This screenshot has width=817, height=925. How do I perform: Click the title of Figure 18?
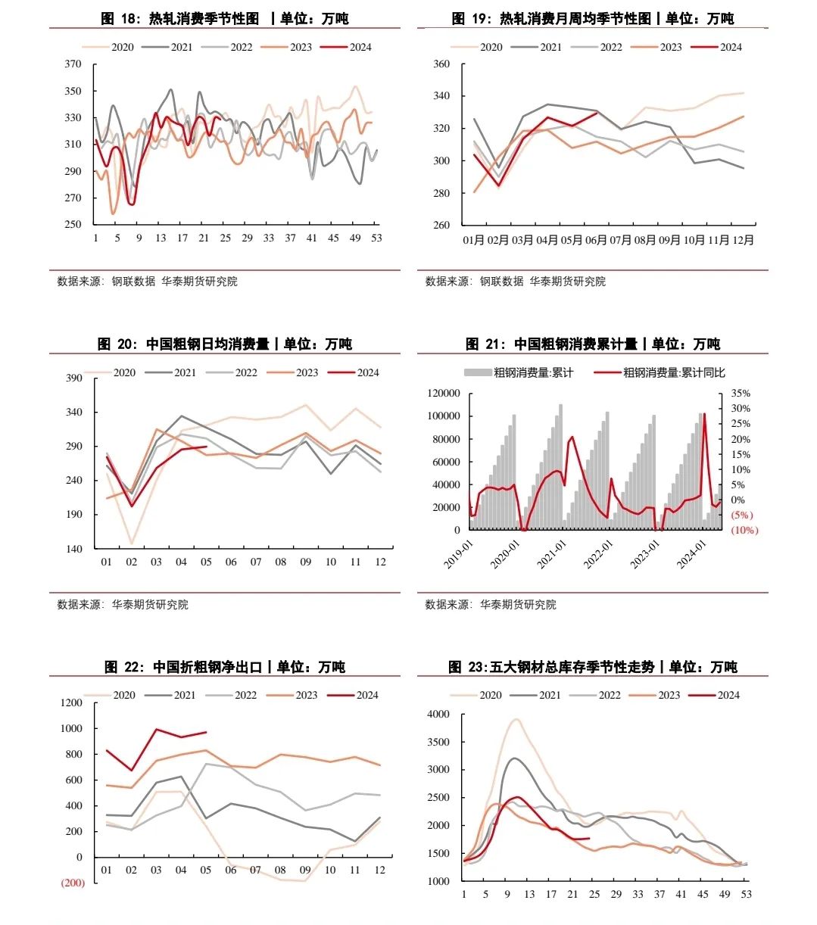(225, 18)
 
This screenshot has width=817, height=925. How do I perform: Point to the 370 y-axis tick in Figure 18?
(73, 64)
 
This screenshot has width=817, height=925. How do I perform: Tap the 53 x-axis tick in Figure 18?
(376, 238)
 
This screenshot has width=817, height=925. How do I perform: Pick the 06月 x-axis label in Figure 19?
(596, 240)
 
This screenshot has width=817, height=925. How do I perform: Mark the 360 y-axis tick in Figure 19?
(441, 64)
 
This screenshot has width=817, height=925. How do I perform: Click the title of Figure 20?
(225, 344)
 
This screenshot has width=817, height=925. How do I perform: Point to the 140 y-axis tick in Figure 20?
(73, 549)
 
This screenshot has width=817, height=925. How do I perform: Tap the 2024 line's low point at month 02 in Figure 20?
(132, 506)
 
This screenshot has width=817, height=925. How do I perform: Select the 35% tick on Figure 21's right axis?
(741, 393)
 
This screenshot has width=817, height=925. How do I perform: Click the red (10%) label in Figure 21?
(744, 530)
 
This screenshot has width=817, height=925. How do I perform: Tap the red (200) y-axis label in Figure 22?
(73, 883)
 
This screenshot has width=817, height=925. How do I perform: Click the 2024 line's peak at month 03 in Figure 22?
(157, 729)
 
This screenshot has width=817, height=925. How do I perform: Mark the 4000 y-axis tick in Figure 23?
(438, 714)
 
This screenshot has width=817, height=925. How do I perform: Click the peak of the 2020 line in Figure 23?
(517, 719)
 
